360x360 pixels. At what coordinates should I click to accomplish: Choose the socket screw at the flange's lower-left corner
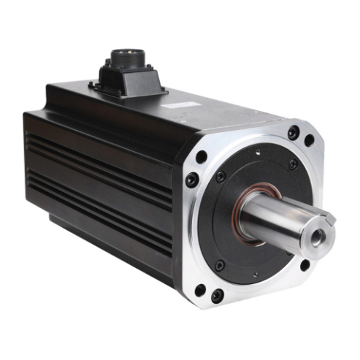tap(217, 296)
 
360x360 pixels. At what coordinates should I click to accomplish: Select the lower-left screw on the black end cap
tap(219, 265)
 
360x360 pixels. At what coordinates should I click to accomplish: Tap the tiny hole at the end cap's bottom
tap(255, 275)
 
